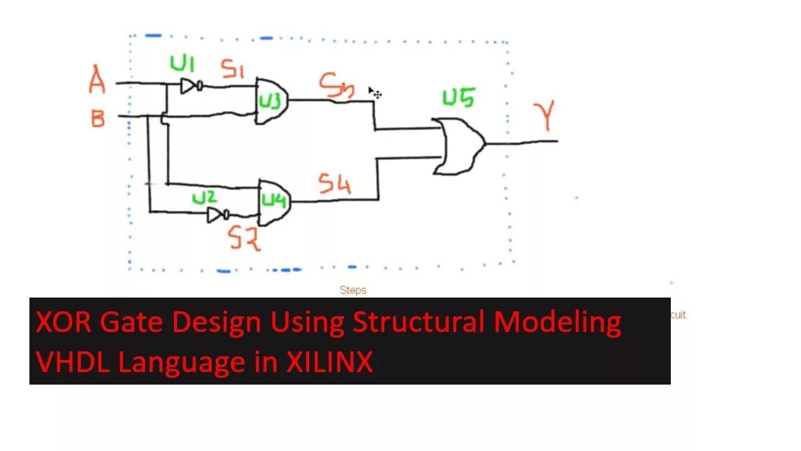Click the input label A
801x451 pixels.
(x=97, y=81)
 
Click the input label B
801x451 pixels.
(x=98, y=118)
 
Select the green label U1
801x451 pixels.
(x=182, y=64)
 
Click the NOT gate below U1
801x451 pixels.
(x=190, y=86)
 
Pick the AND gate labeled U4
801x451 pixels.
(x=273, y=202)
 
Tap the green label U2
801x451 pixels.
(x=204, y=198)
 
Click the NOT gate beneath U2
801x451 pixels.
(x=217, y=215)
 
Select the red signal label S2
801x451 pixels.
(x=244, y=239)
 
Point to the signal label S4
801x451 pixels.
(x=334, y=184)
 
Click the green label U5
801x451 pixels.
(x=459, y=98)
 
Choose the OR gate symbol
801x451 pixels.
(x=461, y=146)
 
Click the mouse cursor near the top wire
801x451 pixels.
(x=374, y=93)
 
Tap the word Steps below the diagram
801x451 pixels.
(x=353, y=290)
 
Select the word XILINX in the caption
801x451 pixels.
(x=330, y=363)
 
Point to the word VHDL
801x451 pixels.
(x=73, y=363)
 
